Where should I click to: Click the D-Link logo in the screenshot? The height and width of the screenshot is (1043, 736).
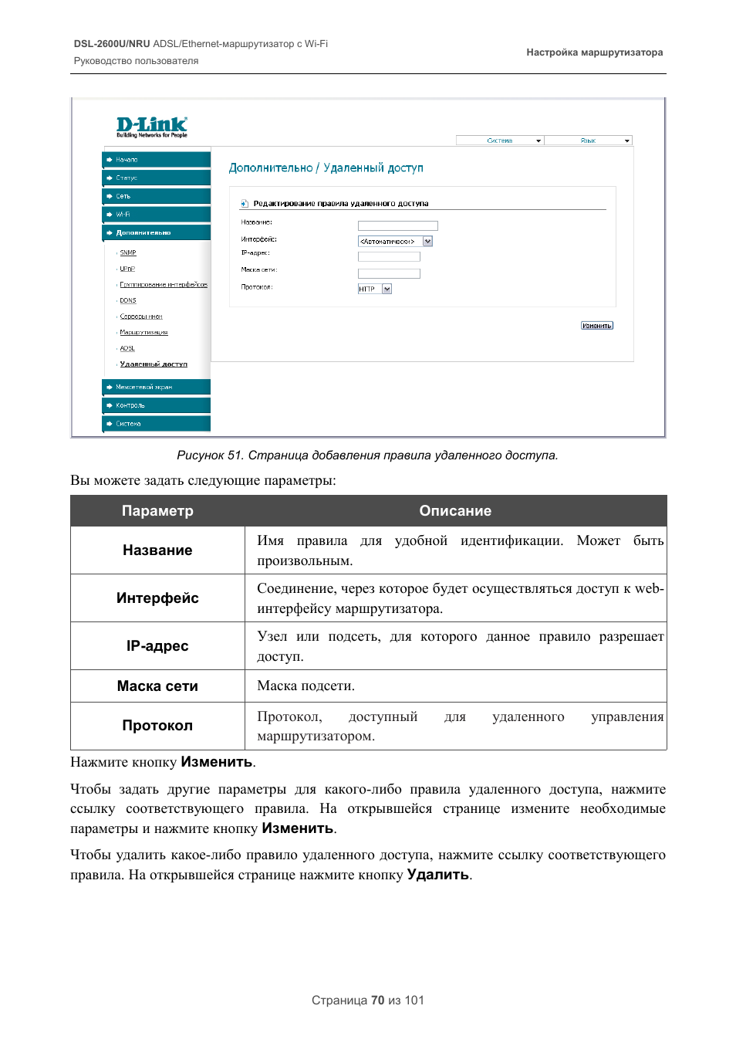pyautogui.click(x=152, y=127)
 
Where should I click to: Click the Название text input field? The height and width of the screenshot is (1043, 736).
pyautogui.click(x=397, y=225)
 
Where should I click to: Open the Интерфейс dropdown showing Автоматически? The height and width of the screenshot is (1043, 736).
pyautogui.click(x=395, y=242)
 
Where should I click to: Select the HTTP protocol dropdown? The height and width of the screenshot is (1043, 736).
pyautogui.click(x=375, y=289)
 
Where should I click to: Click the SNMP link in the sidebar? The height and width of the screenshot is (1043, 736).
pyautogui.click(x=128, y=252)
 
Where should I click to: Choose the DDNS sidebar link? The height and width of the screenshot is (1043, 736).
pyautogui.click(x=128, y=300)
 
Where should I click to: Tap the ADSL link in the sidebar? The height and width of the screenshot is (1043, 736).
pyautogui.click(x=127, y=348)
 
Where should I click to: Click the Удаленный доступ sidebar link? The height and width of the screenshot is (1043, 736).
pyautogui.click(x=154, y=364)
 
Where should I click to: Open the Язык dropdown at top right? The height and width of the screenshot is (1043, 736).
pyautogui.click(x=589, y=141)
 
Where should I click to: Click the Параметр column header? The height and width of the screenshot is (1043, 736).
pyautogui.click(x=157, y=511)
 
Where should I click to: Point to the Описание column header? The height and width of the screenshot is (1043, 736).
pyautogui.click(x=455, y=511)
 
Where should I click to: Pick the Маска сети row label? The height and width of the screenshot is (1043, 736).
pyautogui.click(x=157, y=686)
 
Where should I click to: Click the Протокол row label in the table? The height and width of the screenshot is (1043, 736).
pyautogui.click(x=157, y=726)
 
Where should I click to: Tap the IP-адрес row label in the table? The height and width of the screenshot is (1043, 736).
pyautogui.click(x=157, y=646)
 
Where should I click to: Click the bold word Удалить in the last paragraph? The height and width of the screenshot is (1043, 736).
pyautogui.click(x=438, y=875)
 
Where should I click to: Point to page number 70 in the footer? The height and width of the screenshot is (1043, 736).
pyautogui.click(x=377, y=1001)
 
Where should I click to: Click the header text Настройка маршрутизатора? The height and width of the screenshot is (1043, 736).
pyautogui.click(x=594, y=52)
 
